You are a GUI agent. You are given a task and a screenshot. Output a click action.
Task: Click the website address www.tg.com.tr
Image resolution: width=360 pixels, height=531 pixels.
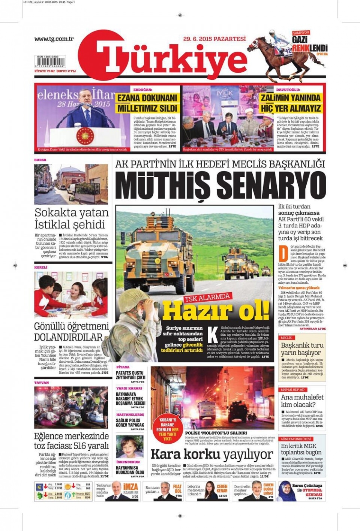point(54,39)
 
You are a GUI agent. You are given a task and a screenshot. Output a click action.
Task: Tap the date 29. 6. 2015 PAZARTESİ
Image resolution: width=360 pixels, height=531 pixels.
point(214,39)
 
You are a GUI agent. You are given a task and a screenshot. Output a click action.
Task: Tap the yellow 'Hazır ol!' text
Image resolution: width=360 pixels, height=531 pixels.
point(216,310)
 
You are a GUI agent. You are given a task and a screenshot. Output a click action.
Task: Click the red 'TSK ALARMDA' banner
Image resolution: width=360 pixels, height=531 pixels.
point(207,297)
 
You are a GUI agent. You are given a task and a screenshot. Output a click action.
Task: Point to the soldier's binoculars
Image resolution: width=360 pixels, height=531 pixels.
point(152,305)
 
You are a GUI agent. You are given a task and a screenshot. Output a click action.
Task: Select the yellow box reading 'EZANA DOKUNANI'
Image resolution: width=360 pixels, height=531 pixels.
point(147,98)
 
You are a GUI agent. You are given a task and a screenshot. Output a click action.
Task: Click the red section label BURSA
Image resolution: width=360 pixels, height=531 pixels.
point(40,160)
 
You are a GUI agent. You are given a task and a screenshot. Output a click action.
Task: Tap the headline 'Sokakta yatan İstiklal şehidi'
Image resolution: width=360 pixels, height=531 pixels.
point(71,218)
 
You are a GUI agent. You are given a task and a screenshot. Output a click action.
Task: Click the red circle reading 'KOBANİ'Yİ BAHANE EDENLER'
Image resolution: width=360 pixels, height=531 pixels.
point(167,429)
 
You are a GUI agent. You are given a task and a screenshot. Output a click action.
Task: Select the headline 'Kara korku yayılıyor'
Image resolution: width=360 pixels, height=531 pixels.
point(211,454)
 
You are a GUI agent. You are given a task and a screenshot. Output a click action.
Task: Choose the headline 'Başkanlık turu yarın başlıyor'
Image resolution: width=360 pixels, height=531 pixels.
point(302,349)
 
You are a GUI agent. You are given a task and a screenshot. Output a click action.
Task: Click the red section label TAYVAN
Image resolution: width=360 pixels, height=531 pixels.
point(41,383)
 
